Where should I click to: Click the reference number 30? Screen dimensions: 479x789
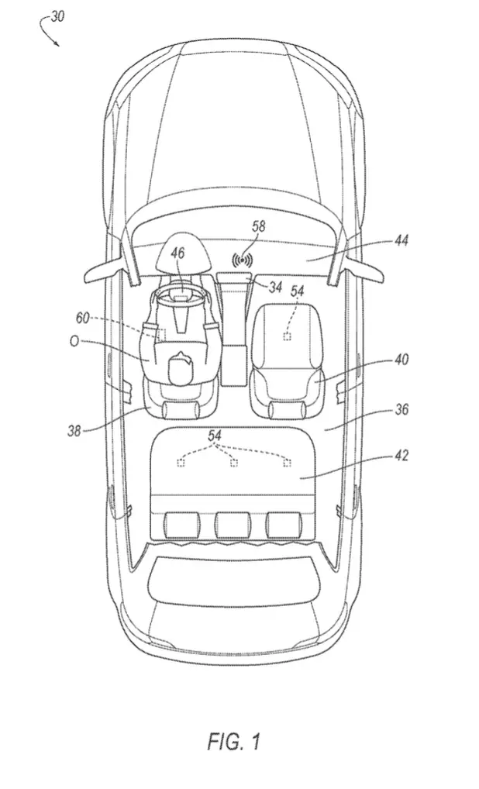pos(57,16)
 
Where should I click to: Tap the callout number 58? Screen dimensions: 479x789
pos(259,226)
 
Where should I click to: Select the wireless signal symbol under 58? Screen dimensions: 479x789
pos(242,260)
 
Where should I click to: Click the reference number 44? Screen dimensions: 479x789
pos(401,240)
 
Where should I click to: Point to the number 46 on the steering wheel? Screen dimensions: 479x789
pos(177,252)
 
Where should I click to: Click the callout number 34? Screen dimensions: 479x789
pos(275,288)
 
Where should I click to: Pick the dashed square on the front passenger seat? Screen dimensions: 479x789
pos(287,336)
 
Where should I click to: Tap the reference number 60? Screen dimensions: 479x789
pos(82,318)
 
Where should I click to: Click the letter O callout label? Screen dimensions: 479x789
pos(74,341)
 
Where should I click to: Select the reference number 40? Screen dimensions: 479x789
pos(401,360)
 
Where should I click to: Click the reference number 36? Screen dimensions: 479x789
pos(401,409)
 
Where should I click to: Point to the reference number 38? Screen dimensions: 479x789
pos(74,431)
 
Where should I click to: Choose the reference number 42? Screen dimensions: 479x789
pos(401,456)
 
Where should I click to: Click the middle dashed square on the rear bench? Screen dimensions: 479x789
pos(233,463)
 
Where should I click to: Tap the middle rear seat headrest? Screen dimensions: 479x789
pos(233,525)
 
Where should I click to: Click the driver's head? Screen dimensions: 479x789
pos(180,369)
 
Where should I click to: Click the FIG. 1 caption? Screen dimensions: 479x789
pos(235,741)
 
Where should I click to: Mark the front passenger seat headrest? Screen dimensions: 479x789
pos(288,409)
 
